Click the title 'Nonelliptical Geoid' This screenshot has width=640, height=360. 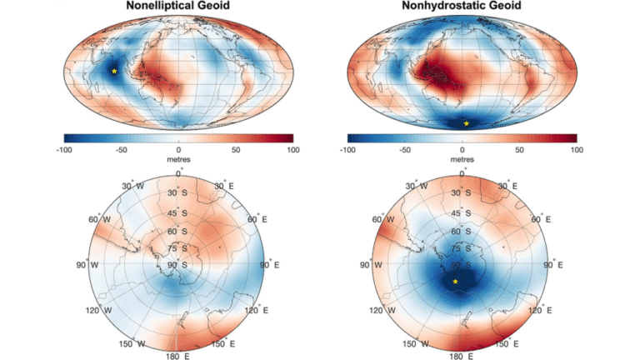179,6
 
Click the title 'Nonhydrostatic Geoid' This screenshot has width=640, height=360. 462,6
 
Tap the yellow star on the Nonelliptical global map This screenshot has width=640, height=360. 114,72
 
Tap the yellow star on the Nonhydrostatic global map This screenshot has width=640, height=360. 466,124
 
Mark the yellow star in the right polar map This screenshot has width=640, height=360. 455,282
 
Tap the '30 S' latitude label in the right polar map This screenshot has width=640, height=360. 459,193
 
